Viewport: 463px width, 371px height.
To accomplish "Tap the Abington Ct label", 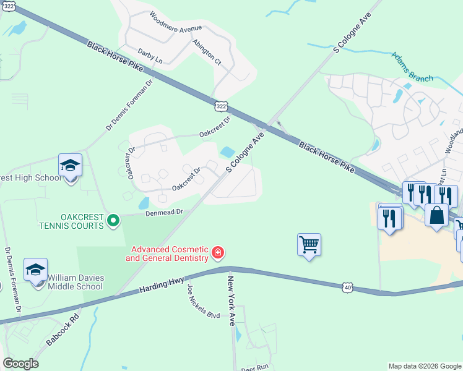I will (207, 52).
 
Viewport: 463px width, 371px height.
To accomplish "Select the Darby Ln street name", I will (150, 61).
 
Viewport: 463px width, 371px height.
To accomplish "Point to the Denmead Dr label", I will (165, 212).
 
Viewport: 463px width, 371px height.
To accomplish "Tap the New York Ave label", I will (231, 301).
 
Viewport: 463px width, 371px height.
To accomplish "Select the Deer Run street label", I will (255, 367).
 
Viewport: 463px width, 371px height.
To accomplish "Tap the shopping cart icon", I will (309, 244).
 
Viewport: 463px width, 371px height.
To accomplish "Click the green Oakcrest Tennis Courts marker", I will (113, 221).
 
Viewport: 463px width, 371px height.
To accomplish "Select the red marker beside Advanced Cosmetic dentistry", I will (217, 252).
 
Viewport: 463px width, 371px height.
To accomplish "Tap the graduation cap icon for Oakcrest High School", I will (71, 166).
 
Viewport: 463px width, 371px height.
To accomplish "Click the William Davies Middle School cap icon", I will (36, 270).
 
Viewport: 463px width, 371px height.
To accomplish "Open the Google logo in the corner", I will (20, 364).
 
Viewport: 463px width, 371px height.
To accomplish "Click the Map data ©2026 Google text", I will (424, 366).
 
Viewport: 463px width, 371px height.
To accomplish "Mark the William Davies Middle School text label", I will (76, 282).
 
